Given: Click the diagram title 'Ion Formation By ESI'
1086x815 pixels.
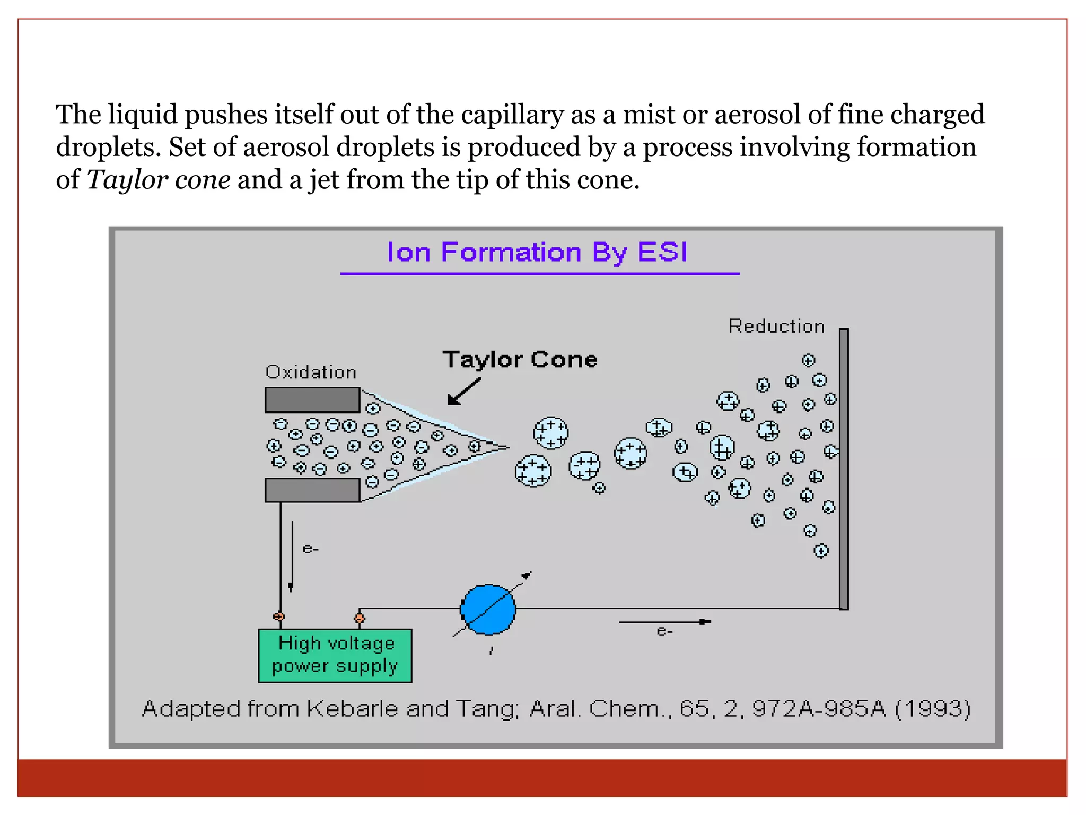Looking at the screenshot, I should [x=537, y=252].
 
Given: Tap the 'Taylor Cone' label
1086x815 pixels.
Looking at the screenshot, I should [x=520, y=360].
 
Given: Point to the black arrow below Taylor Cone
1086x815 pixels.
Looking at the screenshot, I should [x=463, y=392].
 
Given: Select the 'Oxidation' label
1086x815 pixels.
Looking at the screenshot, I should [x=311, y=372].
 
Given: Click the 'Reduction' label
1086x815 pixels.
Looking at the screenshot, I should [x=776, y=326].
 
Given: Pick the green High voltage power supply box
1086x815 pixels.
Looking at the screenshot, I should [x=335, y=655].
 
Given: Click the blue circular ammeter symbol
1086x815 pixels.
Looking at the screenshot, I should [x=488, y=610].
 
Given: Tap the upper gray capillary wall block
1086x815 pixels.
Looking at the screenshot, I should [x=312, y=400].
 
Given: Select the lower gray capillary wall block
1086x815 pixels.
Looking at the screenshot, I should [x=312, y=490].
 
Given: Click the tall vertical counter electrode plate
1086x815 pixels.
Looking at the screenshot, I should [x=844, y=469].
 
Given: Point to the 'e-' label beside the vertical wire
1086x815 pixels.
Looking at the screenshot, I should [x=311, y=549].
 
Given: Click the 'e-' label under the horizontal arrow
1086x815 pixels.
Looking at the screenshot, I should [x=665, y=631].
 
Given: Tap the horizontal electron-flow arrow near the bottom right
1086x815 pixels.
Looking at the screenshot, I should [x=665, y=621].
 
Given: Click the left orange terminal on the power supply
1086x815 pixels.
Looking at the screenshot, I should [x=279, y=617].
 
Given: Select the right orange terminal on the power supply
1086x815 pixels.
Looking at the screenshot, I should [x=360, y=618].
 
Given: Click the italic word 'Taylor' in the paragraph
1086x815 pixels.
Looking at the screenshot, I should [x=128, y=180].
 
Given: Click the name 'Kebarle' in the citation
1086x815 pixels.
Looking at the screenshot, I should [x=352, y=709].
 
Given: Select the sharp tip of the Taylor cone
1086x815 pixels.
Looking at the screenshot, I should [x=507, y=447].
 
